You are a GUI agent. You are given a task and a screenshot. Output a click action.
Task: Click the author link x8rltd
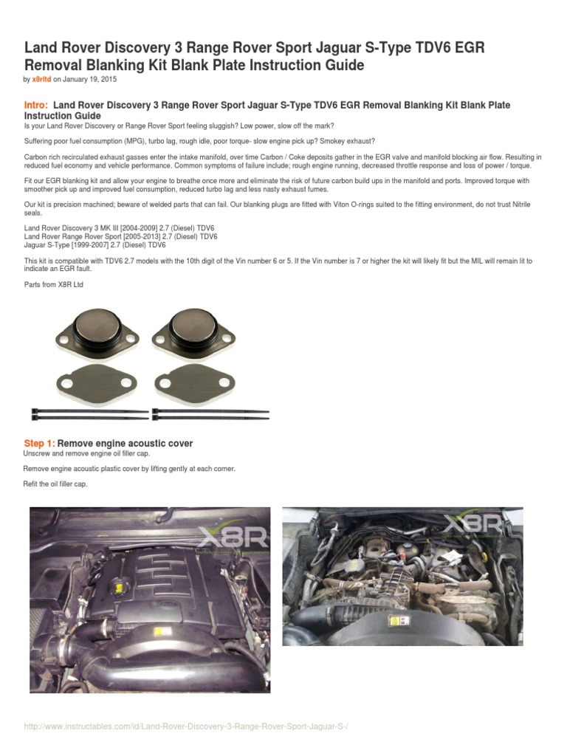point(41,79)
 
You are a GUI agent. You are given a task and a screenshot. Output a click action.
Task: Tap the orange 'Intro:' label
point(37,106)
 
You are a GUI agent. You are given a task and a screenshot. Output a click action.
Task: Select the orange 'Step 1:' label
point(39,443)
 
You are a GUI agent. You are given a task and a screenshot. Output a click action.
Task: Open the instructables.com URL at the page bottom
point(186,727)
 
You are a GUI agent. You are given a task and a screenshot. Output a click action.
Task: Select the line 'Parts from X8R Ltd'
point(54,283)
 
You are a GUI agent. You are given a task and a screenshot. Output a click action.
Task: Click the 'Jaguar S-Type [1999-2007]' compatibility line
point(94,244)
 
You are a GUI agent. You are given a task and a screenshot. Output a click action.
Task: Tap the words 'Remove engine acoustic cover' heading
point(126,443)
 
